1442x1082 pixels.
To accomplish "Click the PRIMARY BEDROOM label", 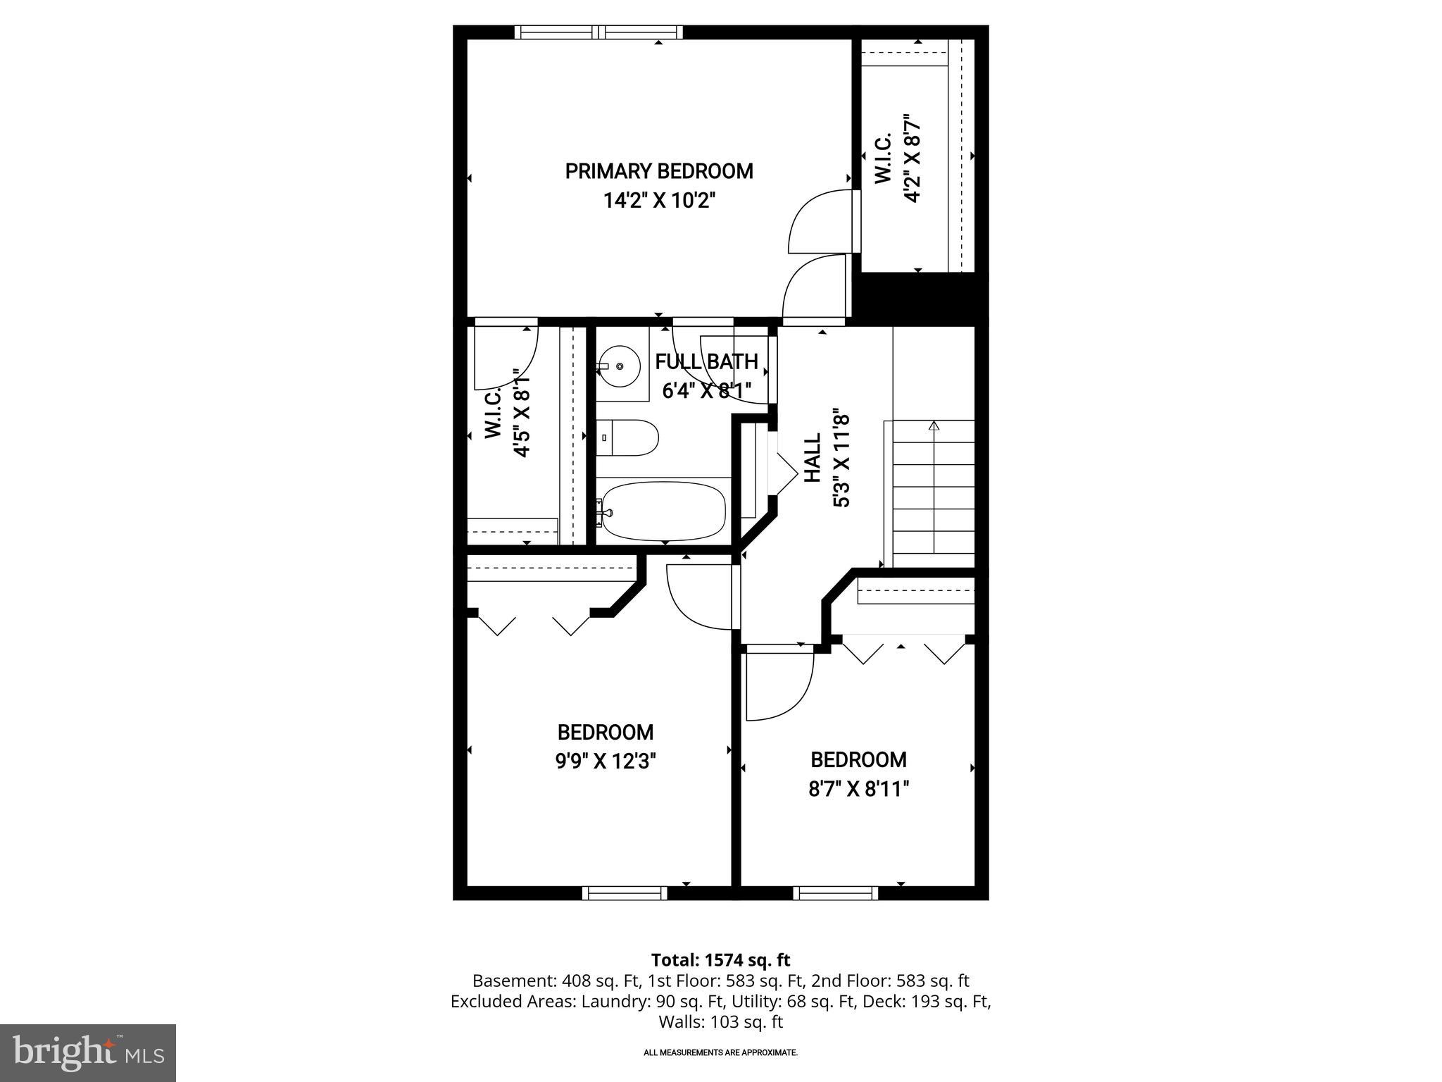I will point(659,171).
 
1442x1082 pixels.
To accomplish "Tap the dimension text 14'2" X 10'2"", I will point(659,201).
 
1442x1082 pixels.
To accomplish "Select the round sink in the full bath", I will point(619,366).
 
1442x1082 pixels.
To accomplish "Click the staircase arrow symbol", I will point(934,425).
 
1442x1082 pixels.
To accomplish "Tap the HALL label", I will point(813,458).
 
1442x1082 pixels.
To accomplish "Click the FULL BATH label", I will point(706,362).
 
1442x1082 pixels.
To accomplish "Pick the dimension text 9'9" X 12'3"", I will point(606,761).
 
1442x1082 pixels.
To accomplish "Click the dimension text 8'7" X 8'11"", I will point(858,789).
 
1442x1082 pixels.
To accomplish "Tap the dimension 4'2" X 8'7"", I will point(913,158).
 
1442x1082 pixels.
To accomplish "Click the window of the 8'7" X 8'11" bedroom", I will point(836,893).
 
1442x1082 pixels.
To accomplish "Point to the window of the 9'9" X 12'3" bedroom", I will point(625,893).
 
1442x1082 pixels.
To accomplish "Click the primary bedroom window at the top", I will point(598,32).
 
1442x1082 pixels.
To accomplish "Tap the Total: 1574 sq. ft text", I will point(720,960).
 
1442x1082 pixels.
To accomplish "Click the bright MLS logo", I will point(88,1052).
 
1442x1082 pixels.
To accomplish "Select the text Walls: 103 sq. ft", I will point(720,1021).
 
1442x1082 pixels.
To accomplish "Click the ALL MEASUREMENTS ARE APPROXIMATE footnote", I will point(720,1052).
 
